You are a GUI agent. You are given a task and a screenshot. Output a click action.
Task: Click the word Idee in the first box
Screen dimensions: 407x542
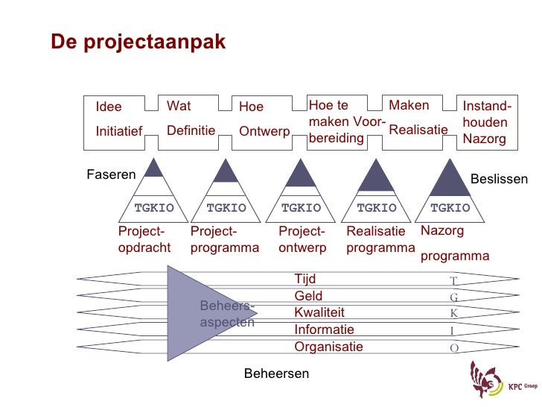click(109, 107)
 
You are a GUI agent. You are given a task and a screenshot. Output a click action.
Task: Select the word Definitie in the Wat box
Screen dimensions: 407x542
click(191, 131)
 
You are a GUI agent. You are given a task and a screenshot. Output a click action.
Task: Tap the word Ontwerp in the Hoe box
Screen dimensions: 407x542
click(264, 132)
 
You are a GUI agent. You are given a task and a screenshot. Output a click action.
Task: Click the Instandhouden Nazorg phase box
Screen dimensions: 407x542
click(485, 123)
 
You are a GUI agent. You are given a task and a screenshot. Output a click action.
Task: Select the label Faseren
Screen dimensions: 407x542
click(111, 175)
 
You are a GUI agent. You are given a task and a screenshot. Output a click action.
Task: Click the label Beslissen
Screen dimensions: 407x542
click(499, 180)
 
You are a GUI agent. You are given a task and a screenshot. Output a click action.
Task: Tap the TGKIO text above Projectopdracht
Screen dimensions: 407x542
click(153, 208)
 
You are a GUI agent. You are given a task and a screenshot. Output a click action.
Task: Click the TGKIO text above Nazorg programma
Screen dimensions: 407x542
click(450, 208)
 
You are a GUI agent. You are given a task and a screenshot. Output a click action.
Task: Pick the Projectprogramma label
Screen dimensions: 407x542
click(225, 239)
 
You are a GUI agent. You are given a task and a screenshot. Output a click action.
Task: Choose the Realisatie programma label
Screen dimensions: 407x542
click(380, 239)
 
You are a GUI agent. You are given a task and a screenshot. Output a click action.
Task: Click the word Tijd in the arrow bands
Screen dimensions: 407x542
click(305, 280)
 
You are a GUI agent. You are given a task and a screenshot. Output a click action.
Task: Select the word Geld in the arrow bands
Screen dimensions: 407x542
click(308, 297)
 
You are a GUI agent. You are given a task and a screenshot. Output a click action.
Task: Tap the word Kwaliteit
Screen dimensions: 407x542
click(319, 313)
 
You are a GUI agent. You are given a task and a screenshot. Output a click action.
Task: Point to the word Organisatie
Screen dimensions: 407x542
click(328, 347)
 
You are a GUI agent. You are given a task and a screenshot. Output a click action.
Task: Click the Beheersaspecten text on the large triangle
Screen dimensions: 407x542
click(227, 315)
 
